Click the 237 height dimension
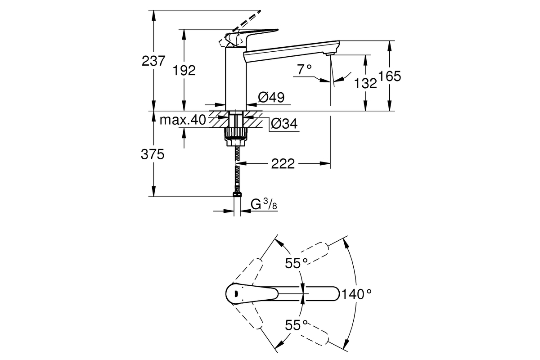tap(153, 61)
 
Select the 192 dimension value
tap(184, 71)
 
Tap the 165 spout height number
tap(390, 76)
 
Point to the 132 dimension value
tap(365, 83)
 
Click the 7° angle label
tap(304, 69)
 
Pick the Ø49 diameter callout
tap(271, 97)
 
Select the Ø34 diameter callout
tap(284, 124)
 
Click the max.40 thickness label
tap(183, 120)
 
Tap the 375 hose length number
tap(153, 154)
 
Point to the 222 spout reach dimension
tap(283, 164)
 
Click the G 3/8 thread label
tap(264, 204)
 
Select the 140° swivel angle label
tap(357, 294)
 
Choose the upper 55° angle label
tap(296, 263)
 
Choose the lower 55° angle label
tap(296, 325)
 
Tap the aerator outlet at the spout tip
tap(330, 54)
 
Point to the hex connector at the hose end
tap(237, 194)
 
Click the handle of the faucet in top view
tap(252, 294)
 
